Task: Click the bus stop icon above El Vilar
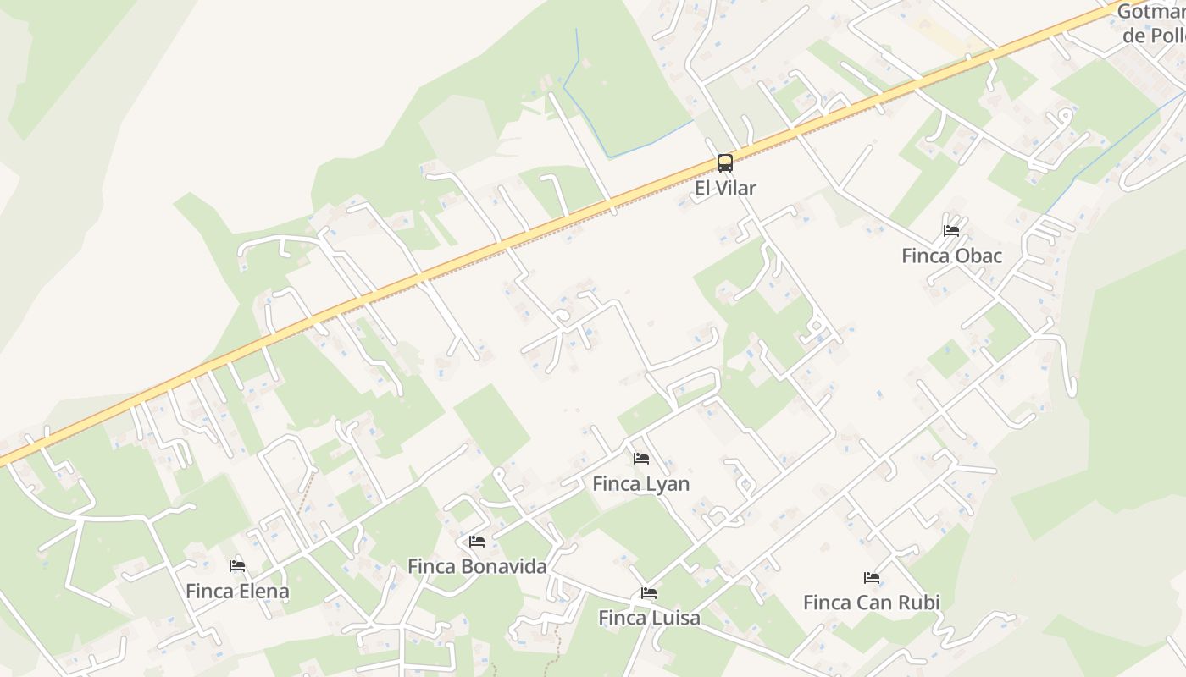[x=724, y=163]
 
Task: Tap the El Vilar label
[x=724, y=188]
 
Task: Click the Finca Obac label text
[x=951, y=256]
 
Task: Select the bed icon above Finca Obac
[x=951, y=230]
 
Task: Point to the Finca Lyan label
[x=640, y=484]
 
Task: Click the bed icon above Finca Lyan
[x=641, y=459]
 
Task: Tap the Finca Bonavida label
[x=477, y=566]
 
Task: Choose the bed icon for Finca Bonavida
[x=477, y=542]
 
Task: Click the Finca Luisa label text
[x=649, y=618]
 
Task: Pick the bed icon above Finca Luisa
[x=649, y=593]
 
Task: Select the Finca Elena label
[x=237, y=591]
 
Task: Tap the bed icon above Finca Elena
[x=237, y=566]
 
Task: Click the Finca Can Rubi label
[x=871, y=603]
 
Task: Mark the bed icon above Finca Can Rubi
[x=872, y=578]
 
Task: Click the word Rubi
[x=922, y=603]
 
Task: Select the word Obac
[x=979, y=256]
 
